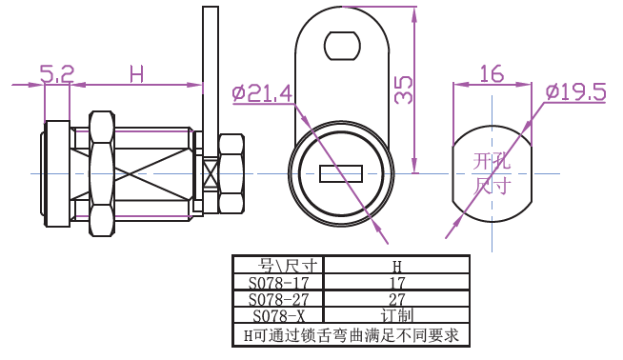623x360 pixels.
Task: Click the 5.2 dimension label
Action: [x=57, y=74]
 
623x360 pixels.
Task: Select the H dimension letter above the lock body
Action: [x=136, y=74]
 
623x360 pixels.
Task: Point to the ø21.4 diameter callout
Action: [x=262, y=93]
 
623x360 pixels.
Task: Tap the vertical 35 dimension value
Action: [x=403, y=90]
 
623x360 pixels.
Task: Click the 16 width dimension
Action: [x=492, y=74]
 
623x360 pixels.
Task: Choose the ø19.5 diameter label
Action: [x=575, y=91]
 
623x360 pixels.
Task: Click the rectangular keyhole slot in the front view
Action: [x=341, y=173]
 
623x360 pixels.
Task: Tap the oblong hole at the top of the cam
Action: [x=343, y=46]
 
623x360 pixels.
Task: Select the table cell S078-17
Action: [x=278, y=283]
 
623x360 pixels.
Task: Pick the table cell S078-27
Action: [x=278, y=299]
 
